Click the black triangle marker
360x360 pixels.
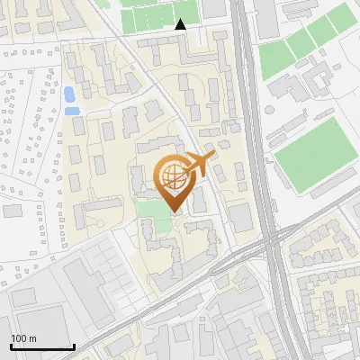[x=181, y=24]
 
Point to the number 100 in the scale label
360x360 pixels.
[x=19, y=338]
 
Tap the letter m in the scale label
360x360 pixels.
[x=32, y=338]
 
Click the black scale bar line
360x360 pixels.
[x=41, y=346]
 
